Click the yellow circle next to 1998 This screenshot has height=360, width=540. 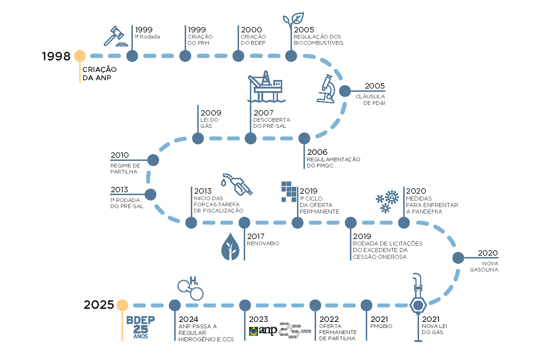pos(80,56)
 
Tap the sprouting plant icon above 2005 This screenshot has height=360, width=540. pos(293,20)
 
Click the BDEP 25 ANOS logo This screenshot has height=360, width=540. pos(140,327)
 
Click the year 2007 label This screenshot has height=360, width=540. pos(264,113)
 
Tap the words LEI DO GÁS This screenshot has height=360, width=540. pos(210,123)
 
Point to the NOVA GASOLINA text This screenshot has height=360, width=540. pos(484,266)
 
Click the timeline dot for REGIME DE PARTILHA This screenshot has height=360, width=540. pos(153,160)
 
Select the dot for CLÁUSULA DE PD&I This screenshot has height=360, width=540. pos(345,91)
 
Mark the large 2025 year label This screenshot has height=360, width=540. pos(99,305)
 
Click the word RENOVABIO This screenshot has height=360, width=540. pos(263,243)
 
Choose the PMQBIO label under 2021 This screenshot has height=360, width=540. pos(381,326)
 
